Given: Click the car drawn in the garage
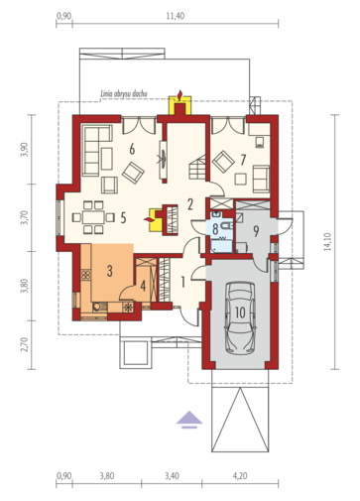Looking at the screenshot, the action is point(240,317).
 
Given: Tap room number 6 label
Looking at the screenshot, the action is point(132,149).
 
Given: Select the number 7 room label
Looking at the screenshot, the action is point(243,160).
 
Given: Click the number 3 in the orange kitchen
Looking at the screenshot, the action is point(109,271).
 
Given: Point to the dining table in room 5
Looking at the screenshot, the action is point(93,217).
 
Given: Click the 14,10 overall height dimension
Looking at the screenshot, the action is point(327,242).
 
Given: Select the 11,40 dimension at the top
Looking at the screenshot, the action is point(176,16).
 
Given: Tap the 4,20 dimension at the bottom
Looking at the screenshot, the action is point(240,476).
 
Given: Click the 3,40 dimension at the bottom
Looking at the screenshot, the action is point(172,476).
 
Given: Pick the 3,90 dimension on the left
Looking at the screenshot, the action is point(25,150).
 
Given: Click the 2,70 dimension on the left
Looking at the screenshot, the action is point(25,344).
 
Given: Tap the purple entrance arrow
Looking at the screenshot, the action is point(188,419).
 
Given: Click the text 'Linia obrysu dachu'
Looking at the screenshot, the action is point(124,94).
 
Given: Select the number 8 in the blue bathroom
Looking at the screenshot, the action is point(215,229).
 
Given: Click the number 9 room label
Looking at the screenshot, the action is point(256,232).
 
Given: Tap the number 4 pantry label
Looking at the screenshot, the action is point(143,286).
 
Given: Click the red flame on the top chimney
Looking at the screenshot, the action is point(180,94).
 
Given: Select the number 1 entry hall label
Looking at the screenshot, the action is point(182,282).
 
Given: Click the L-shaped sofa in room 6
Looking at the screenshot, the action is point(96,151).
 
